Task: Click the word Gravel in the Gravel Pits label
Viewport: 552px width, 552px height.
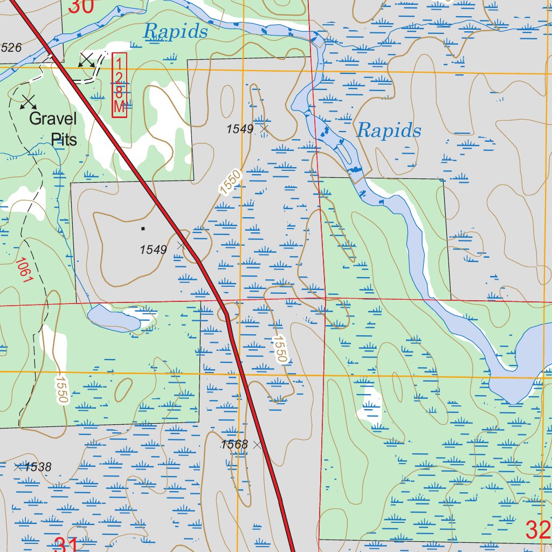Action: [53, 119]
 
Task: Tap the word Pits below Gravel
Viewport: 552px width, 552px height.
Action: [64, 139]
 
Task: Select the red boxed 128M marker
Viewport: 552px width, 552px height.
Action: [119, 85]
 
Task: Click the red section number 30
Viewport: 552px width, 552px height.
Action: [81, 6]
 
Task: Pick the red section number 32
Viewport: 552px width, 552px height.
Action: [537, 530]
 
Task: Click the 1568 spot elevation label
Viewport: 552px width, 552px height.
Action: [234, 445]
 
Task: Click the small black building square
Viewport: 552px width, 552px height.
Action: [143, 228]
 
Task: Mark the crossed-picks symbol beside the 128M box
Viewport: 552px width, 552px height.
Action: [87, 60]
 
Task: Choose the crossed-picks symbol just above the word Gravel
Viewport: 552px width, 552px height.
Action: [29, 100]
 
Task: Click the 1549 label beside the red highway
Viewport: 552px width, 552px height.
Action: [154, 250]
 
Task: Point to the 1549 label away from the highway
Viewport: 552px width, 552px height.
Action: [239, 129]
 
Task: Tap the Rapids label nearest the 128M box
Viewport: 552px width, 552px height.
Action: [175, 31]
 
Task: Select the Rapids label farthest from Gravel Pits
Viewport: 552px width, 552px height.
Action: [389, 130]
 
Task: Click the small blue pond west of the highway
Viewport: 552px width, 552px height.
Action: [114, 318]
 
